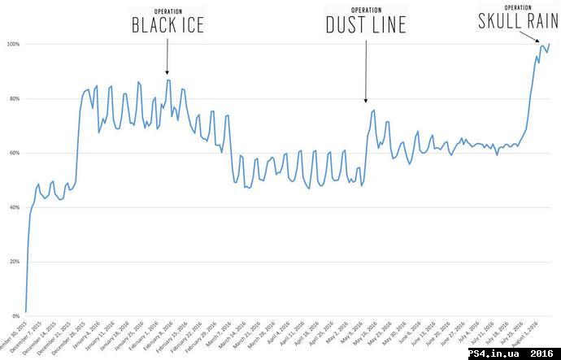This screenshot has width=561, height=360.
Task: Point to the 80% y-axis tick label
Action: [x=12, y=98]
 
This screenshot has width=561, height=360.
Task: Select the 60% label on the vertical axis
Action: [x=12, y=153]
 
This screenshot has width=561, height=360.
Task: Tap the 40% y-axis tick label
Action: [x=12, y=207]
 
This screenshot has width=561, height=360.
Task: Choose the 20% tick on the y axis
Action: [x=12, y=262]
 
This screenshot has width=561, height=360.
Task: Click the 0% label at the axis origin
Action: [x=14, y=316]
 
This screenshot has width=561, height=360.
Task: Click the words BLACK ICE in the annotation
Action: [x=167, y=26]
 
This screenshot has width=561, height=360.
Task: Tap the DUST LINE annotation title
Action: [x=366, y=26]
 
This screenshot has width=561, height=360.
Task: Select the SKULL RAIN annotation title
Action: [x=518, y=22]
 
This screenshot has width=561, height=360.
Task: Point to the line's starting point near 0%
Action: [x=26, y=311]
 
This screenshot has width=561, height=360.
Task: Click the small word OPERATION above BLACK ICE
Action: [x=167, y=10]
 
